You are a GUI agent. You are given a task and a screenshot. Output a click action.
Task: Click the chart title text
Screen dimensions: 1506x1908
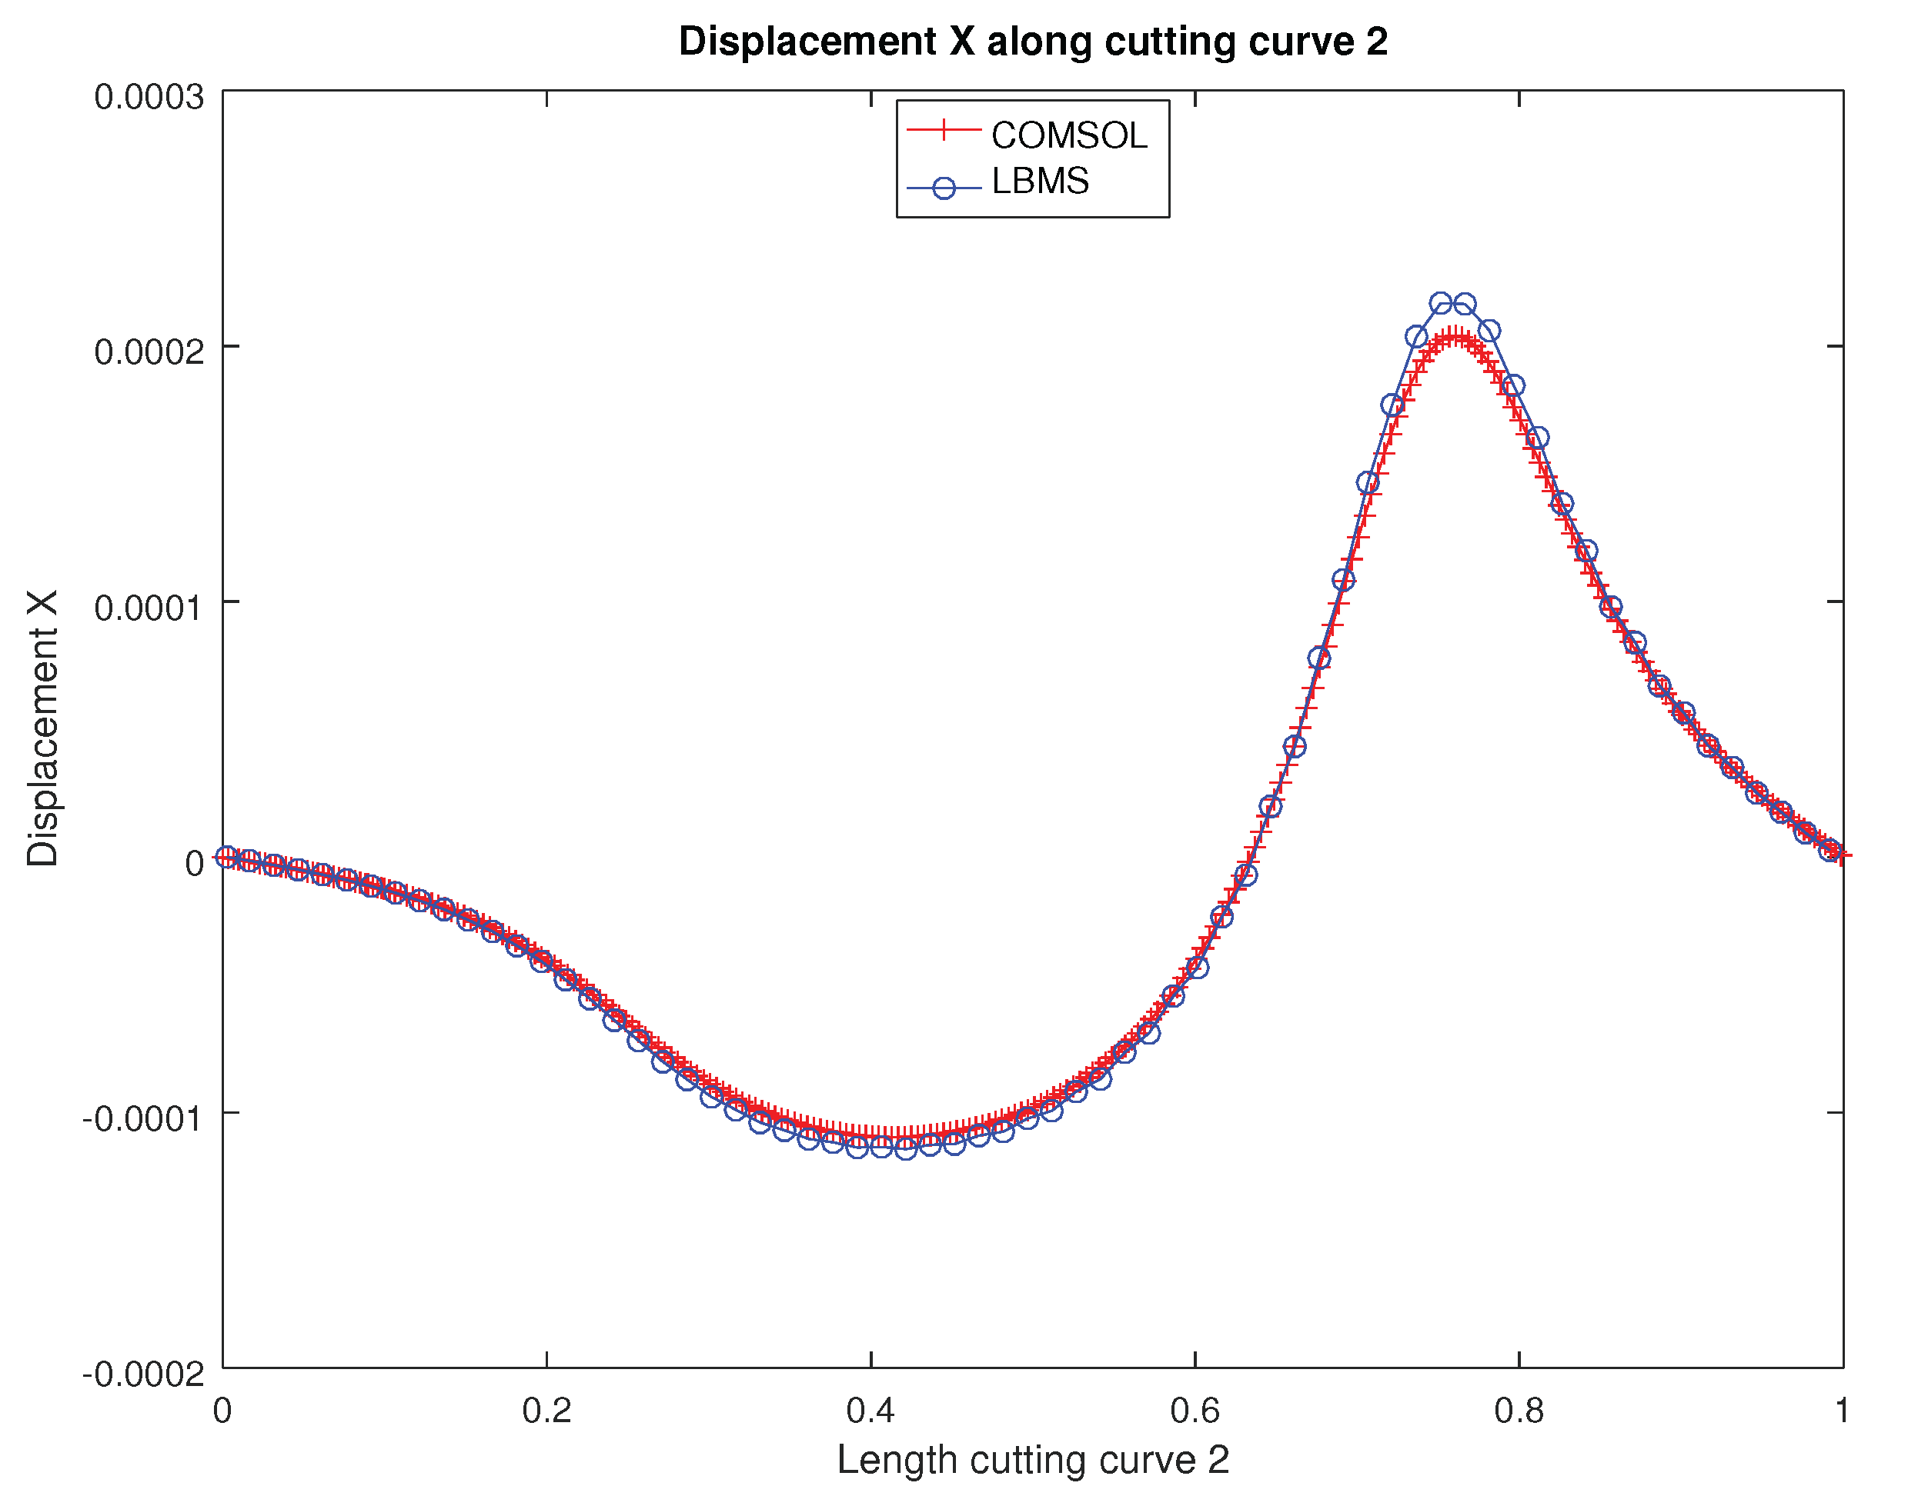pos(1033,42)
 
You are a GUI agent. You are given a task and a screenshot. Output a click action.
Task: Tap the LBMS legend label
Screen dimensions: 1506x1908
pos(1040,182)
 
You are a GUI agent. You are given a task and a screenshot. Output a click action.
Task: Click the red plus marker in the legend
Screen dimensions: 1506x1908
pos(943,131)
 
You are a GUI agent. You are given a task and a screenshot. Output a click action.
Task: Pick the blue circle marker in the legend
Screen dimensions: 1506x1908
pos(943,188)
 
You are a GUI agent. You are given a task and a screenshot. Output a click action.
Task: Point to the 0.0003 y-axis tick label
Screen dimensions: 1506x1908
pos(149,98)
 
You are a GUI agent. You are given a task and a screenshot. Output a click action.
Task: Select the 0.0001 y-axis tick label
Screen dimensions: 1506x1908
pos(149,608)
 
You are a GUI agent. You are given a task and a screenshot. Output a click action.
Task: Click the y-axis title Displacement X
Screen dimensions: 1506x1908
pos(42,728)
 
